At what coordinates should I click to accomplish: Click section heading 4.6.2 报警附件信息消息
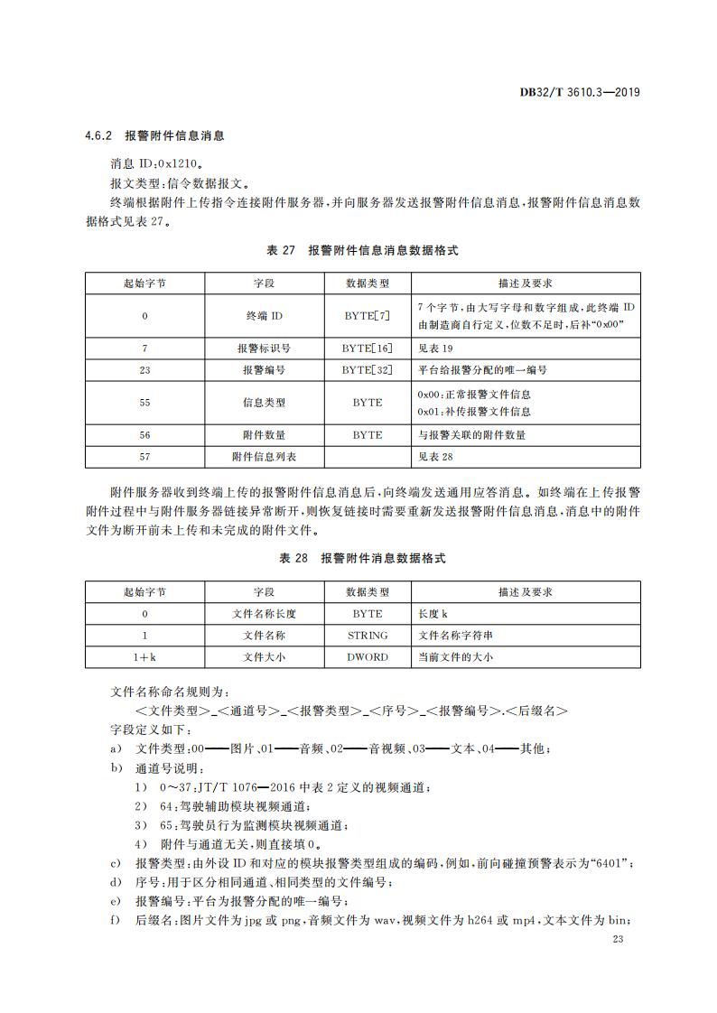pos(154,136)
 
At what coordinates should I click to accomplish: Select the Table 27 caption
pos(362,250)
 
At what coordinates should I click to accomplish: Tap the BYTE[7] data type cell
pos(368,316)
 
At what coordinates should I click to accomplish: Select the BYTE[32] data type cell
pos(368,370)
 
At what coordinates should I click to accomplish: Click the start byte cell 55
pos(144,403)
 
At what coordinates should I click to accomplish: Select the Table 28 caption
pos(362,559)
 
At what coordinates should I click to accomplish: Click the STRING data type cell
pos(368,636)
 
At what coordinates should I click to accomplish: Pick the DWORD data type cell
pos(368,657)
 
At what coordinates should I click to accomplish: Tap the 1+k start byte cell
pos(144,657)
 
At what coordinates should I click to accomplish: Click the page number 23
pos(618,941)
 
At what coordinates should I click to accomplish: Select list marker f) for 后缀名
pos(115,920)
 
